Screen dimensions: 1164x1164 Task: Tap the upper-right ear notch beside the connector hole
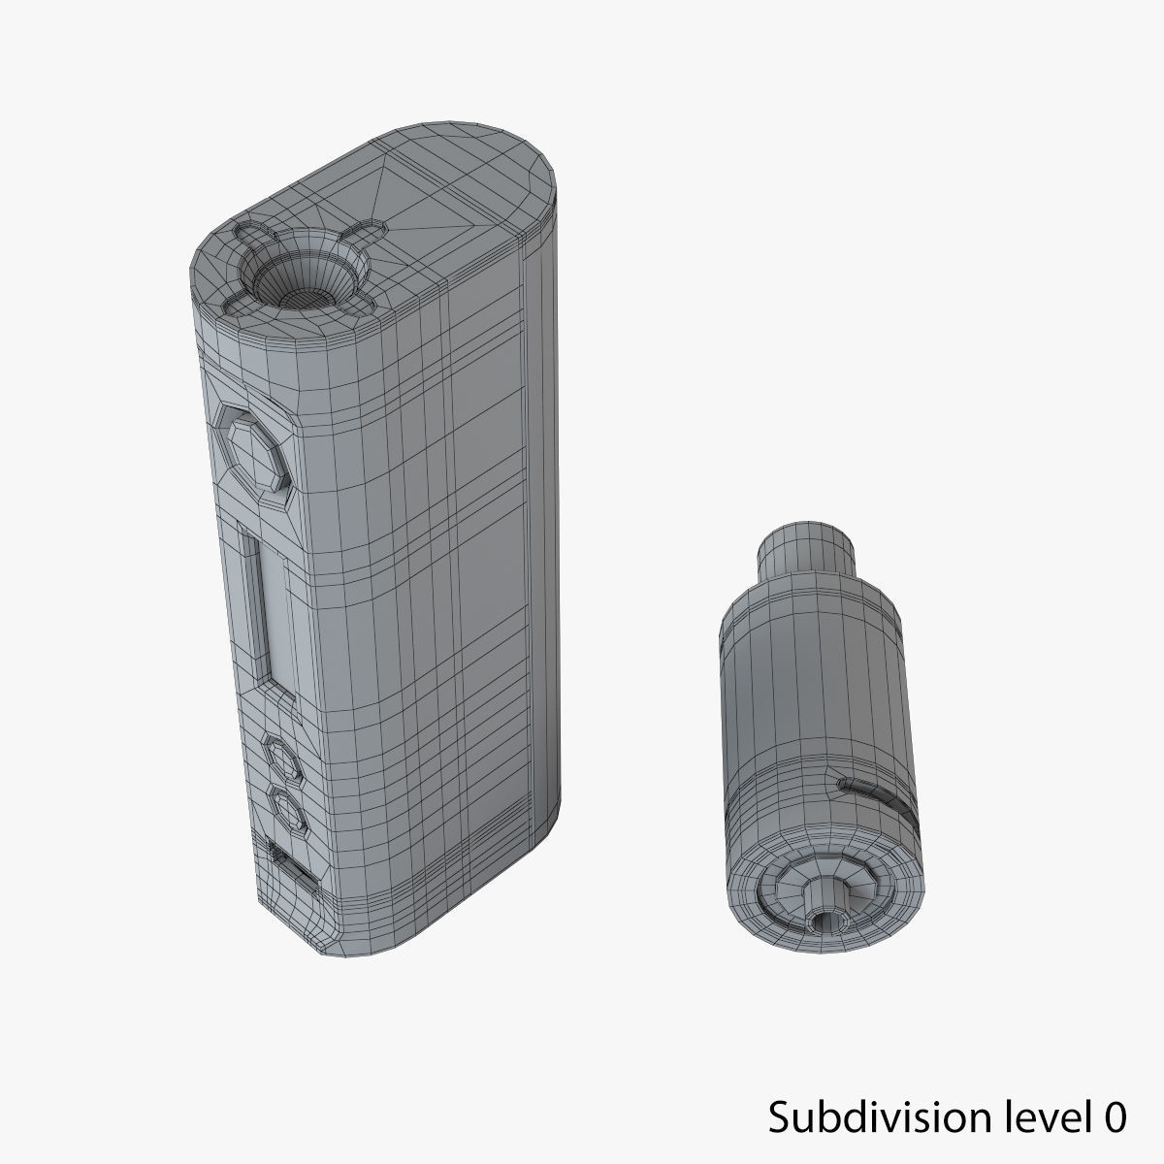point(366,234)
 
